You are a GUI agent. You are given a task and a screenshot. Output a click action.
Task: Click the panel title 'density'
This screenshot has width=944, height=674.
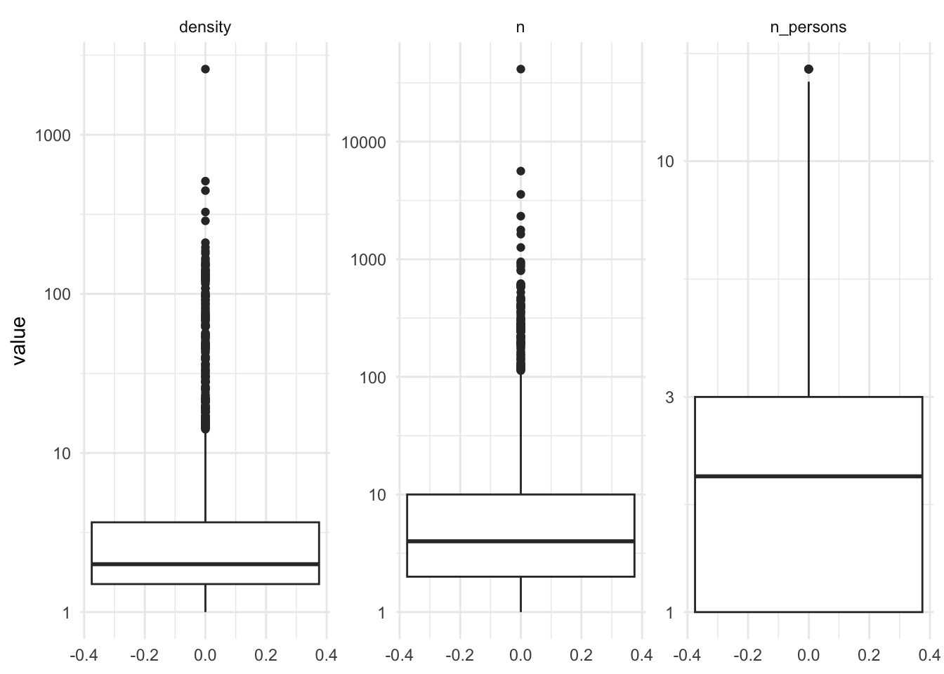point(205,27)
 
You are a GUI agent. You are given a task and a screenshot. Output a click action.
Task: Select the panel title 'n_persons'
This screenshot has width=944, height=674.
point(808,27)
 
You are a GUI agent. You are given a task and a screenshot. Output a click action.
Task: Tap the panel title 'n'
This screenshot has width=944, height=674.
point(520,27)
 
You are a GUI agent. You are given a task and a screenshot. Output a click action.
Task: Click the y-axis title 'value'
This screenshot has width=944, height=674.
point(19,341)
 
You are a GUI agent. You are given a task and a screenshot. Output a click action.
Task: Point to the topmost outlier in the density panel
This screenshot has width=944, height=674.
point(205,69)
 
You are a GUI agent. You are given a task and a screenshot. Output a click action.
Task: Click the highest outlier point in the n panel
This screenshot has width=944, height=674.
point(520,69)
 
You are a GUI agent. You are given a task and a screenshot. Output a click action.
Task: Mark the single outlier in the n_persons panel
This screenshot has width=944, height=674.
point(808,69)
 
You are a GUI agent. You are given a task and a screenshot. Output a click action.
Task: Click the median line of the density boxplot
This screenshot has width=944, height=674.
point(205,564)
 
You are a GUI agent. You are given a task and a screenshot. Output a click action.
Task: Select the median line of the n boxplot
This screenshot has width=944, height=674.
point(520,541)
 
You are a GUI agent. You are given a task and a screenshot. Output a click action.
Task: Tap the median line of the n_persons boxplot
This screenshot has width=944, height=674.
point(808,477)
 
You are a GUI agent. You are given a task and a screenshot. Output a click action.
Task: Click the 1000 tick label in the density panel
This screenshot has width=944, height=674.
point(53,135)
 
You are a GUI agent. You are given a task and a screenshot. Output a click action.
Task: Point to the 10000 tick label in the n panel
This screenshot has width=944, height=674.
point(364,142)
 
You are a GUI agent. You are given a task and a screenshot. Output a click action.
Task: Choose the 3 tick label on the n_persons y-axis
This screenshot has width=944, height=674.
point(669,397)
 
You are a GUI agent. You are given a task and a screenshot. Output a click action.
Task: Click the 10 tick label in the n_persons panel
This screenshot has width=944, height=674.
point(665,161)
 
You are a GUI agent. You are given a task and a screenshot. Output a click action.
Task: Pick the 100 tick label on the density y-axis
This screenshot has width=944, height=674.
point(57,293)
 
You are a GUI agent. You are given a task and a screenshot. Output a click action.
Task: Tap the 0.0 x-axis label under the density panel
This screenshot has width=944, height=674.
point(205,656)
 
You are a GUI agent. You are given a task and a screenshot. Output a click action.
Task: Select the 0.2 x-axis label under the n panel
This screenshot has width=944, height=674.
point(581,656)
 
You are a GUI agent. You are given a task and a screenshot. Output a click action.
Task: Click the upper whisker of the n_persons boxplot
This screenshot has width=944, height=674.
point(808,239)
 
